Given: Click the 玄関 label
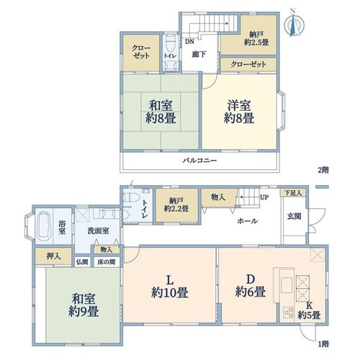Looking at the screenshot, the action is (x=294, y=216).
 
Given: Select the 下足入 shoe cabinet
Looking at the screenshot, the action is (x=293, y=193).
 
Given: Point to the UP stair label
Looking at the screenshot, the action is (x=264, y=197).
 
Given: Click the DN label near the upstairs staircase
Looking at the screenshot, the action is (x=189, y=42).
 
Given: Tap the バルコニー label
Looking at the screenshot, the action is (x=199, y=160).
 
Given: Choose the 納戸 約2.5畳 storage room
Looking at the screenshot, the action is (x=248, y=35).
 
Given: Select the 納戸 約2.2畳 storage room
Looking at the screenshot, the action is (x=176, y=205).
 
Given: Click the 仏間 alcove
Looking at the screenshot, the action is (x=82, y=261).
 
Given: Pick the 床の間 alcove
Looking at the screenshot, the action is (x=106, y=261).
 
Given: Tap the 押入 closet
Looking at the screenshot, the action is (x=53, y=256).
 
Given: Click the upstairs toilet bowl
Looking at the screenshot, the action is (x=170, y=43).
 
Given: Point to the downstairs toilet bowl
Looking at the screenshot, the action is (x=131, y=198).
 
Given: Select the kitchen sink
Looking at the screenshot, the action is (x=287, y=285).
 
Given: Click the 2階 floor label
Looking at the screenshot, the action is (x=323, y=170).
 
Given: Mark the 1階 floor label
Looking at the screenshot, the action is (x=323, y=344).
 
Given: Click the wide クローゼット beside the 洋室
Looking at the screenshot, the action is (x=248, y=64).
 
